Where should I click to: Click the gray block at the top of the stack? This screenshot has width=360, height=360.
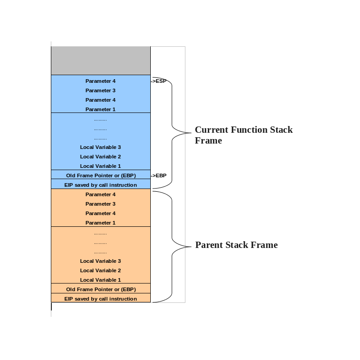coord(100,60)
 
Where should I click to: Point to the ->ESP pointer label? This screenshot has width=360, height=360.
coord(158,81)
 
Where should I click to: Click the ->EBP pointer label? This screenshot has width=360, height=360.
coord(158,175)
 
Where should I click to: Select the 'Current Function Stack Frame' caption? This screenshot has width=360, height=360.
coord(243,135)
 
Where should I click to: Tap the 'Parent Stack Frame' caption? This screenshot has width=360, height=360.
coord(236,245)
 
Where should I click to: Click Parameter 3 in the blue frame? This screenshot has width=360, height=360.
coord(100,90)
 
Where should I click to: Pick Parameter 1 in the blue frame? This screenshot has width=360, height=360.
coord(100,109)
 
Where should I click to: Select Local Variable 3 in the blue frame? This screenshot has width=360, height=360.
coord(100,147)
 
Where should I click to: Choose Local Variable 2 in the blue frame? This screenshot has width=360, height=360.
coord(100,157)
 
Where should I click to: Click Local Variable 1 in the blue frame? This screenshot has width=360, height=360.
coord(100,166)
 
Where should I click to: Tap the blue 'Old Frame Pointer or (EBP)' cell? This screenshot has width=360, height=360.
coord(100,175)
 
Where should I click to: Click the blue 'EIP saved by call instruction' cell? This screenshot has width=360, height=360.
coord(100,185)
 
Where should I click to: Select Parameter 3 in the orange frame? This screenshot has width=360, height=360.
coord(100,204)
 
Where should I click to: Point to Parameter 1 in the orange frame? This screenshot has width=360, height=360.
coord(100,223)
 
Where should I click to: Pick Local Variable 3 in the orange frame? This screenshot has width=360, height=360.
coord(100,261)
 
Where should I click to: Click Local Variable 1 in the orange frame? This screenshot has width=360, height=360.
coord(100,280)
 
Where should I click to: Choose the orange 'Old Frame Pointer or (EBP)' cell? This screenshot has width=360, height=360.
coord(100,289)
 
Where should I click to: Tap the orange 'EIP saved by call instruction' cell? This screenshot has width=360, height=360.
coord(100,299)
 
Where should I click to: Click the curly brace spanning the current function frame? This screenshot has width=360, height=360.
coord(173,133)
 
